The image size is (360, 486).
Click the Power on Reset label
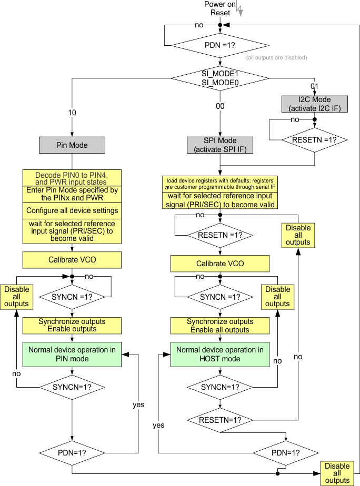pos(216,8)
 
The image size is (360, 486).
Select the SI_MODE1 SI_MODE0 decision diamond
pos(220,78)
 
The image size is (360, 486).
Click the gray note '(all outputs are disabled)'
pos(276,57)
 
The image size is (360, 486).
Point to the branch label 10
pos(72,113)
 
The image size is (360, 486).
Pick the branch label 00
pos(220,106)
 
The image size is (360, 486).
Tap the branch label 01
pos(315,86)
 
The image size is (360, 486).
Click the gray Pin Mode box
pos(72,145)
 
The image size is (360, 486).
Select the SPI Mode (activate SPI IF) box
pos(220,145)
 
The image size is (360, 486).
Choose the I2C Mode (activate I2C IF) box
pos(315,104)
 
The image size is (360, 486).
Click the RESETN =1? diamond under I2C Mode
pos(315,140)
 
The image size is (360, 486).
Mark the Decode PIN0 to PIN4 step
pos(72,178)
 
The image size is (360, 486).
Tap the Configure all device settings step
pos(72,210)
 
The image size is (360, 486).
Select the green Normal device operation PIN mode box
pos(72,354)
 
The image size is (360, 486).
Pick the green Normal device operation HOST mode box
pos(220,354)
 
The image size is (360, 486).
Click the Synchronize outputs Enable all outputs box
pos(220,326)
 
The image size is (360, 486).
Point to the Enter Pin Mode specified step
pos(72,194)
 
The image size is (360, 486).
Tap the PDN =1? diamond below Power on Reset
pos(220,45)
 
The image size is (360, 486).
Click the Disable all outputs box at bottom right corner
pos(337,473)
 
